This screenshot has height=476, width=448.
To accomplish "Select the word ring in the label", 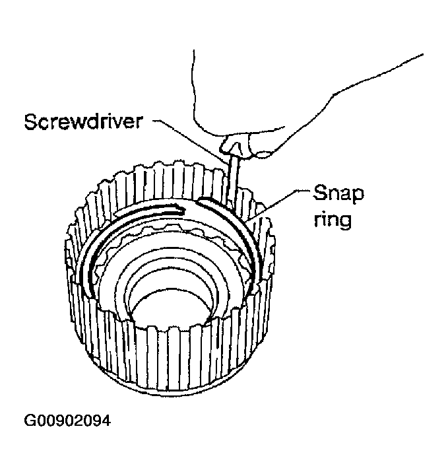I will pyautogui.click(x=331, y=219).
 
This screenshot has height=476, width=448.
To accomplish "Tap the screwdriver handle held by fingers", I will pyautogui.click(x=235, y=143).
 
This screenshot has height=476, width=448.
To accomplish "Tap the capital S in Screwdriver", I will pyautogui.click(x=30, y=123).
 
